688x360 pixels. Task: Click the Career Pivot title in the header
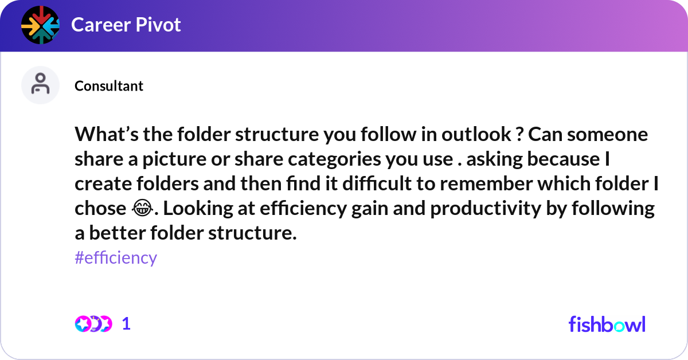[x=126, y=25]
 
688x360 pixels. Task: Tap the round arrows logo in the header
[x=40, y=25]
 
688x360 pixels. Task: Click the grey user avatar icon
[x=40, y=85]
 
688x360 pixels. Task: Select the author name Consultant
[x=109, y=86]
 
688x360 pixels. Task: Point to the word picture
[x=159, y=159]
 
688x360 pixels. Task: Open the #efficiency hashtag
[x=116, y=258]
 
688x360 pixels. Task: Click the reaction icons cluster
[x=93, y=324]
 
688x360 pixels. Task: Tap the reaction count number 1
[x=127, y=324]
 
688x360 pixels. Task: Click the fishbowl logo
[x=607, y=324]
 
